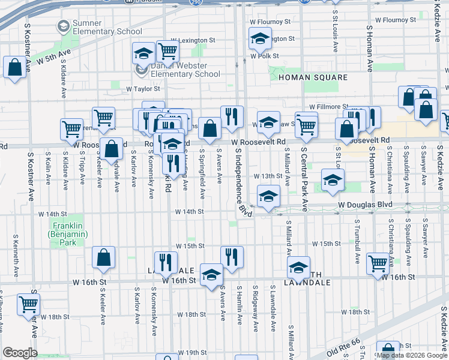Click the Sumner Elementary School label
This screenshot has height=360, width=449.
tap(107, 27)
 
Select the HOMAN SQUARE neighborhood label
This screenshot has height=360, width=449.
tap(309, 77)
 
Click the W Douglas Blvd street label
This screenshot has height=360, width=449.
tap(364, 205)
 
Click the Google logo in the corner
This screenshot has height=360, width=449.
tap(20, 353)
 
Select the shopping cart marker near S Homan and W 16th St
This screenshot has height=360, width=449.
tap(378, 263)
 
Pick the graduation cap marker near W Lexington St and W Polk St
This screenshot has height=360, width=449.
tap(259, 39)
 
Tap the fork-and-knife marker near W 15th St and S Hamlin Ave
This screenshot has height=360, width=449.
tap(232, 256)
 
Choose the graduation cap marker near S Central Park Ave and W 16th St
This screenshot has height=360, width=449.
tap(298, 267)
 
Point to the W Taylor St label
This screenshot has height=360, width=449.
tap(141, 88)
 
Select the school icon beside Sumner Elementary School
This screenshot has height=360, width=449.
tap(62, 26)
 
